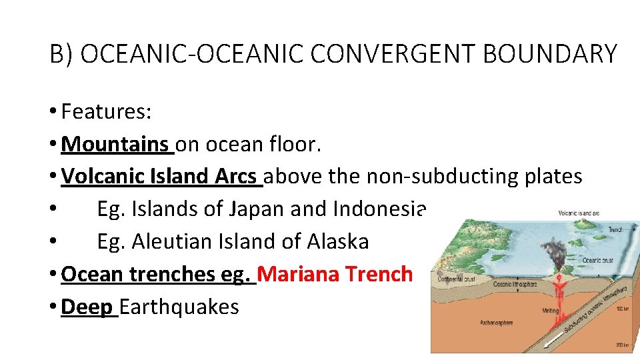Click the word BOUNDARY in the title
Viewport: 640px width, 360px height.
[550, 53]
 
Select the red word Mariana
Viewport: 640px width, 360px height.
[299, 274]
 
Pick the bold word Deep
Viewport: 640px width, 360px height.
[85, 307]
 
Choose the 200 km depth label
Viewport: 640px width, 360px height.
[623, 345]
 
